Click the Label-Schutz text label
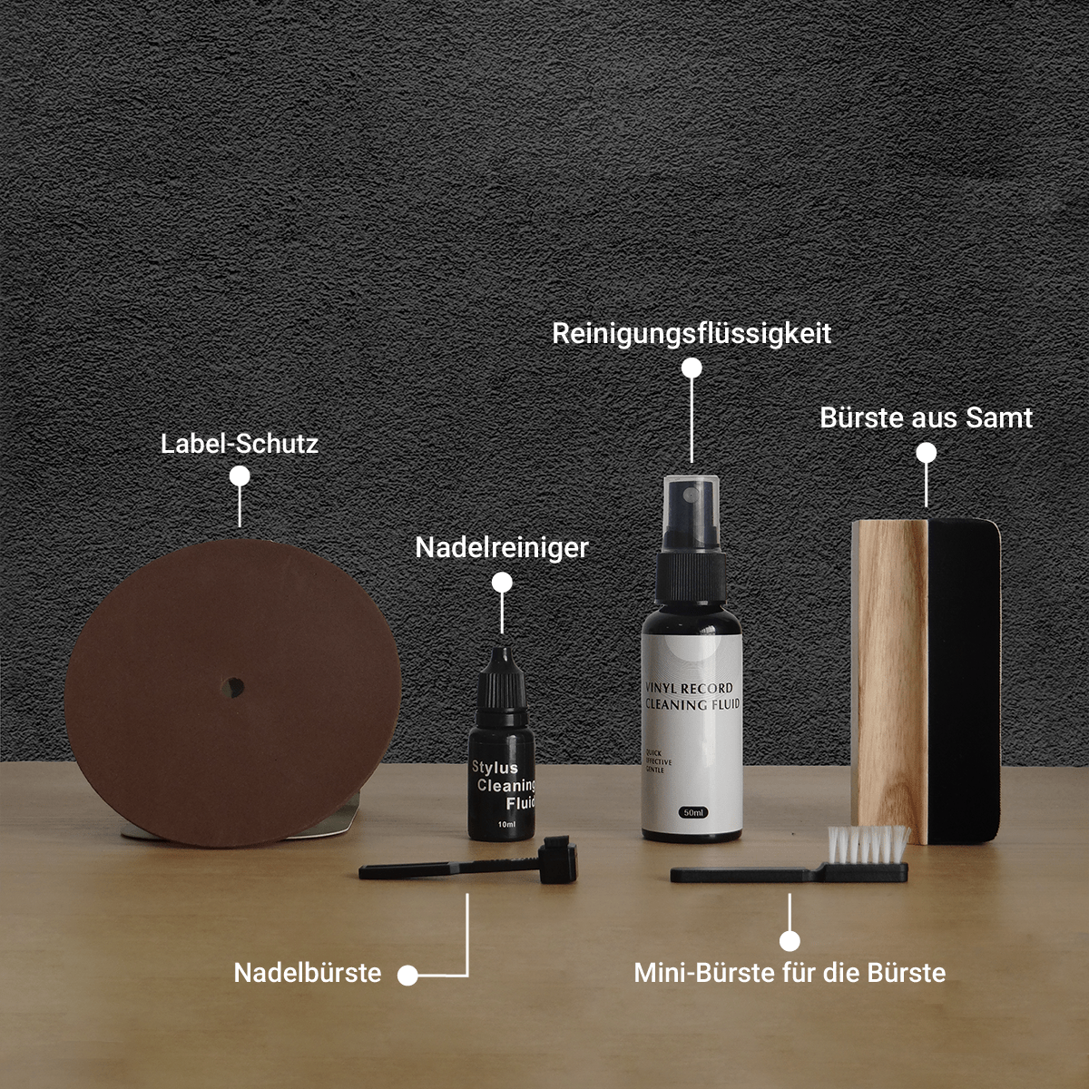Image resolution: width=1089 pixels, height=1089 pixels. tap(240, 444)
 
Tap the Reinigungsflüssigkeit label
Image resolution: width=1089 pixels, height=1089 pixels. tap(692, 333)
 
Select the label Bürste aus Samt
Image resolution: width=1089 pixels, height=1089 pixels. tap(926, 417)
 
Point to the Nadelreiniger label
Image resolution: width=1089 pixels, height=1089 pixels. tap(502, 547)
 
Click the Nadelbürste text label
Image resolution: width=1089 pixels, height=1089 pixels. tap(308, 973)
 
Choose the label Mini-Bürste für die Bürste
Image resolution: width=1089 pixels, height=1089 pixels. tap(790, 973)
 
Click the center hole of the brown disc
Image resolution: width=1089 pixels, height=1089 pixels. tap(234, 687)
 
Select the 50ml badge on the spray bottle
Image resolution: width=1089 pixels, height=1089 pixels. tap(693, 812)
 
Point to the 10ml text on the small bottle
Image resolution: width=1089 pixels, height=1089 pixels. tap(506, 824)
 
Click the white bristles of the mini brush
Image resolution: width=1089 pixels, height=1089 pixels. tap(869, 844)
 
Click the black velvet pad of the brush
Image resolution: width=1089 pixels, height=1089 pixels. tap(962, 681)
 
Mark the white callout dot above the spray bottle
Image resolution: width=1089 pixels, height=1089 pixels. tap(692, 368)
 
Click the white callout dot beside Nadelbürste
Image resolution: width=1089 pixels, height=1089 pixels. tap(407, 975)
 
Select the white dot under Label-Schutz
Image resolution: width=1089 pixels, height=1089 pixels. tap(240, 476)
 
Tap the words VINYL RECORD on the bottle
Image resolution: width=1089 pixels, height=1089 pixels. tap(688, 688)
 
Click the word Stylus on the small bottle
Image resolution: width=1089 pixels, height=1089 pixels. tap(494, 768)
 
